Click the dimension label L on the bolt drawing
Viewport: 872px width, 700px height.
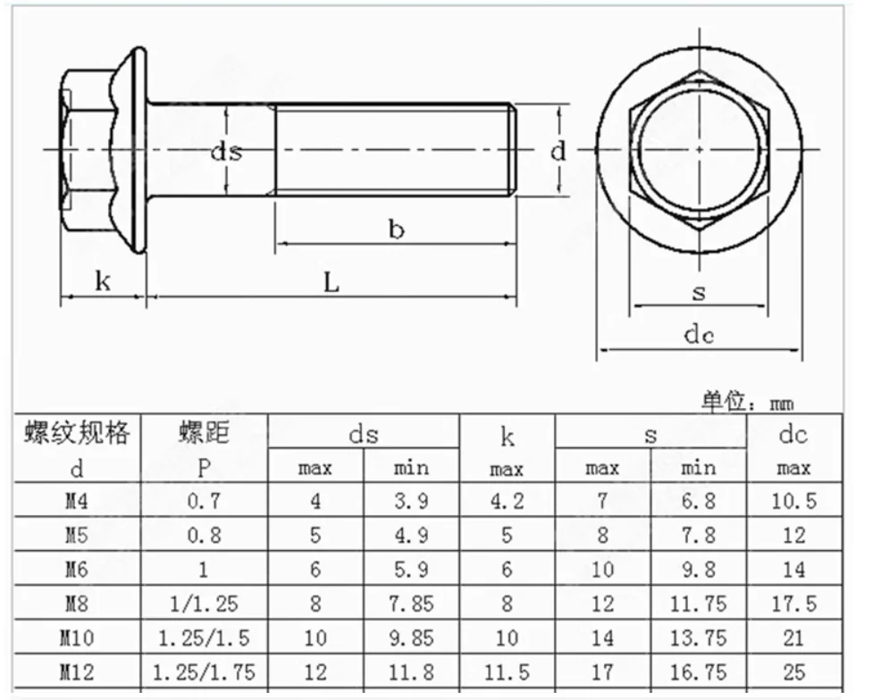coord(331,283)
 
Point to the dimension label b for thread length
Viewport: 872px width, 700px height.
coord(396,229)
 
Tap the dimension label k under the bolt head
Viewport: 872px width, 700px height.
coord(104,282)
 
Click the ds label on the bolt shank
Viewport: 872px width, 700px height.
coord(226,151)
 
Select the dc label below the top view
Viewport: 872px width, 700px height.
coord(699,335)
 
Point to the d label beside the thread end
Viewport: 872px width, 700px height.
coord(558,151)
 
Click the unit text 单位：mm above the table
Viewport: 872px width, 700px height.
coord(747,403)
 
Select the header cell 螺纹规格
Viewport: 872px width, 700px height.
coord(77,433)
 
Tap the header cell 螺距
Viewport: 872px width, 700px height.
coord(204,433)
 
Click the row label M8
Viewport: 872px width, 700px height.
coord(77,604)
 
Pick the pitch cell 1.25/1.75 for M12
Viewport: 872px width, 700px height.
coord(204,672)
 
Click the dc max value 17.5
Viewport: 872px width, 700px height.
coord(793,604)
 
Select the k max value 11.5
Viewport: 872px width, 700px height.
coord(507,672)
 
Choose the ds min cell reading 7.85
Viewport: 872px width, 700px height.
coord(411,604)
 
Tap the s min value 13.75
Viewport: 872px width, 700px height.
coord(698,638)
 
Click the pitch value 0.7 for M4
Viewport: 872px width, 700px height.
coord(204,501)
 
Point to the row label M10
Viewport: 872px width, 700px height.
coord(77,638)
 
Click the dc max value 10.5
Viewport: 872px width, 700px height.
coord(793,501)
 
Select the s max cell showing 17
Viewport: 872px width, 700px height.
coord(602,672)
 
